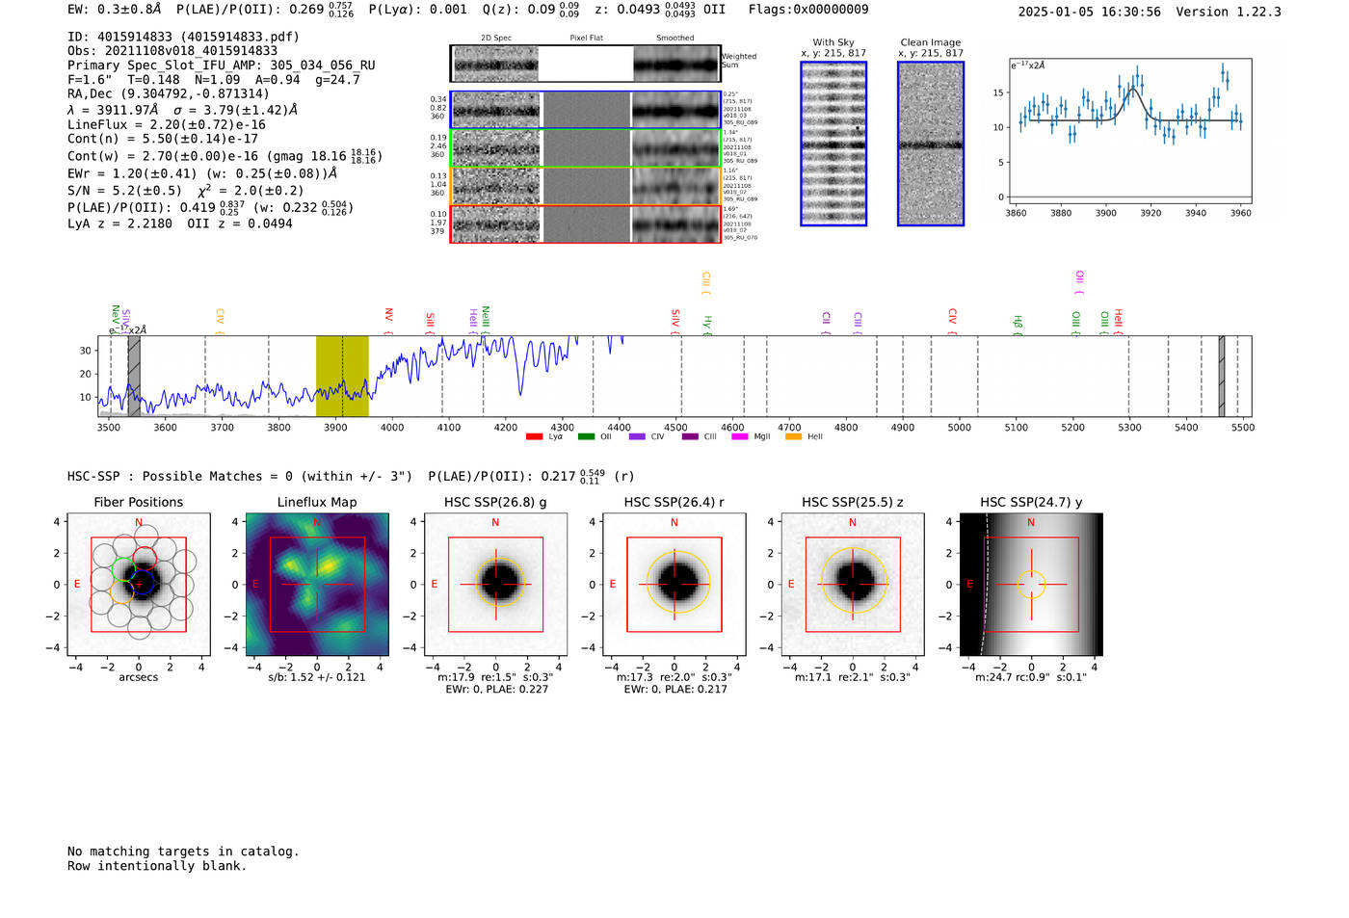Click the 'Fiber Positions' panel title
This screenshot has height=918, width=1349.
point(138,502)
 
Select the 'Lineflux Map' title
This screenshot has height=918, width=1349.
point(317,502)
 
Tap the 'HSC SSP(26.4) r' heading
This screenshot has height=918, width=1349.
point(674,502)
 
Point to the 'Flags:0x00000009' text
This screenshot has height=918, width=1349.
point(808,9)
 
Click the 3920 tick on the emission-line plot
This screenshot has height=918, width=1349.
point(1151,213)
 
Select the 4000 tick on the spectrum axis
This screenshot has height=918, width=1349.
point(392,427)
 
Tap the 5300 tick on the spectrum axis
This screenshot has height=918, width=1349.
point(1129,427)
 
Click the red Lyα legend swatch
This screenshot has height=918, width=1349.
point(535,437)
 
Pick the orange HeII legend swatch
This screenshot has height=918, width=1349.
point(794,437)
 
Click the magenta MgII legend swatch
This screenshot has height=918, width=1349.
point(740,437)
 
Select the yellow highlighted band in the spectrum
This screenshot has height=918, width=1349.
point(342,376)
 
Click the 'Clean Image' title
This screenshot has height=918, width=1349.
point(930,42)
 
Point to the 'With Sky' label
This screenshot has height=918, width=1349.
point(833,42)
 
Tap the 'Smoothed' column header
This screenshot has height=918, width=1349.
point(674,39)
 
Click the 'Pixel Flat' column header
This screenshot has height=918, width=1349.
point(586,39)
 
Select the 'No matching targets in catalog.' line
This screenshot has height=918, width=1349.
point(183,852)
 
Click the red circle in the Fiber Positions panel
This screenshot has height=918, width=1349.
point(145,558)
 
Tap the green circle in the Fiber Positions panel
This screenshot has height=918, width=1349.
point(123,568)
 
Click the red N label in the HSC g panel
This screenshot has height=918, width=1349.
point(495,522)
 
